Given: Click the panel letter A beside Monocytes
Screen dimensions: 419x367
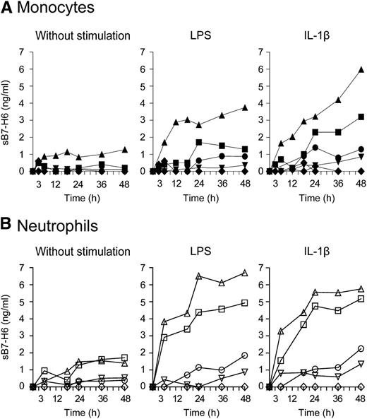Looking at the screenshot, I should (7, 9).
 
